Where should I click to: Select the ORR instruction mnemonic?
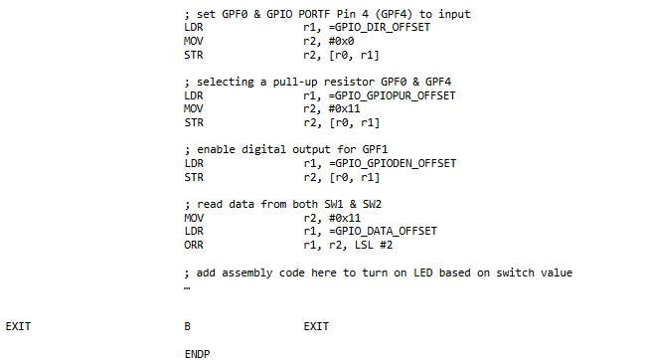pos(194,245)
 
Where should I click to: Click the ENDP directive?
pos(197,353)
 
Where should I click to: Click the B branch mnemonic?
pos(188,326)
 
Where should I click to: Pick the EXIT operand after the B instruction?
pos(315,326)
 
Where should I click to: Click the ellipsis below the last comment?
pos(188,286)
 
